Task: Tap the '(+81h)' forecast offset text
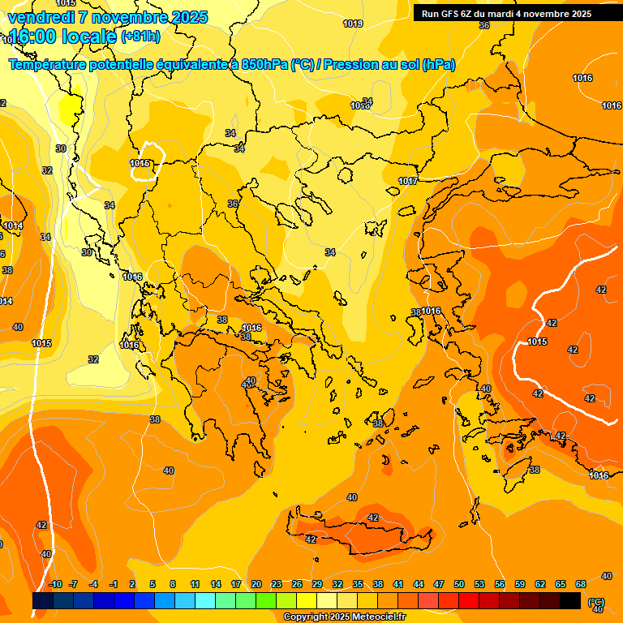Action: (x=140, y=37)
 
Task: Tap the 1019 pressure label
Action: (x=352, y=24)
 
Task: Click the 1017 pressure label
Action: (x=408, y=181)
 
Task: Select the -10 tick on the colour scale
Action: (x=55, y=584)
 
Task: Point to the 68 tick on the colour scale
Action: (x=581, y=584)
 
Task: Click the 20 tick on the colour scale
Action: (x=256, y=584)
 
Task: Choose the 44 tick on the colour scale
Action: (x=419, y=584)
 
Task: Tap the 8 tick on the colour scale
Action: (x=173, y=584)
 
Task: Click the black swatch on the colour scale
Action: (x=570, y=600)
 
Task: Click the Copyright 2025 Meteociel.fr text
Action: (x=345, y=617)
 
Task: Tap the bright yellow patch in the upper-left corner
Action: (x=71, y=108)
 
